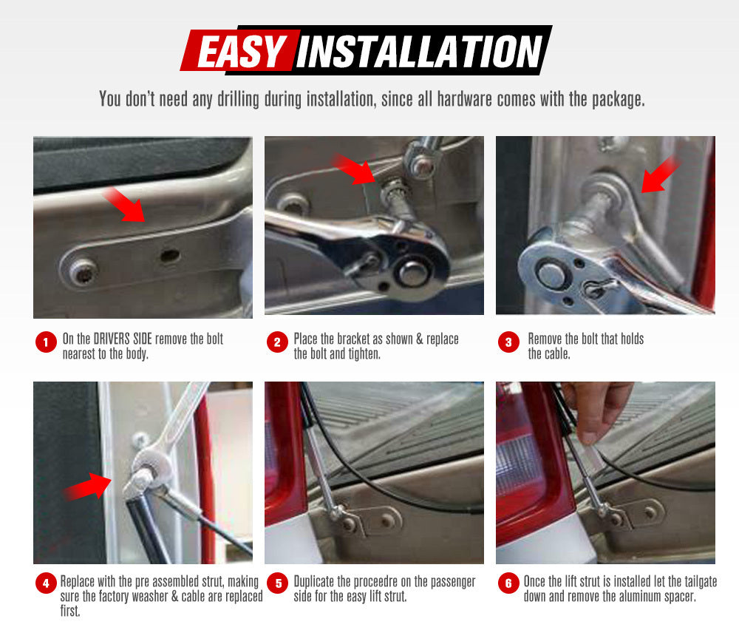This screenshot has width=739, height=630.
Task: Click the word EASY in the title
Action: click(241, 52)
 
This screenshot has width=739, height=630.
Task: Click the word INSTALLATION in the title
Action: click(420, 52)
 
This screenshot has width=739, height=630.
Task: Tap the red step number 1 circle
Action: click(46, 342)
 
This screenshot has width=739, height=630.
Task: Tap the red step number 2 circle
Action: click(277, 342)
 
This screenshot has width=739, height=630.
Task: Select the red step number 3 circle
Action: click(508, 342)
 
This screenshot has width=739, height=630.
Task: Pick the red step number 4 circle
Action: click(46, 584)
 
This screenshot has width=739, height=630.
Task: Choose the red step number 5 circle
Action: click(278, 584)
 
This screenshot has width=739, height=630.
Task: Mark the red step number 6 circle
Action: click(508, 584)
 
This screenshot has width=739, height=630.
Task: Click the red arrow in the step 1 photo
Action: click(125, 205)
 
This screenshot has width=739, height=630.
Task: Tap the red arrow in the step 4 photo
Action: click(88, 487)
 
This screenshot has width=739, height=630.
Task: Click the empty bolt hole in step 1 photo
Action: click(169, 256)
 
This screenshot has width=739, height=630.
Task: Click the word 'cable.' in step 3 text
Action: click(550, 353)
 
